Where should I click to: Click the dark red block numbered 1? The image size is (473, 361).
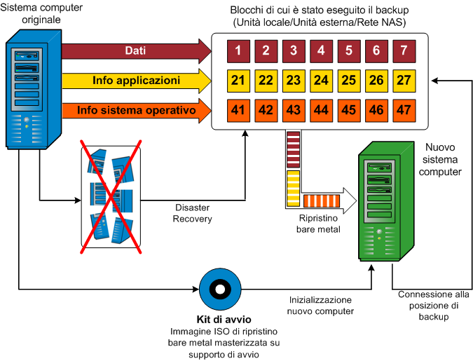[x=240, y=51]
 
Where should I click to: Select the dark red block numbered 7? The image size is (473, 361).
[x=404, y=51]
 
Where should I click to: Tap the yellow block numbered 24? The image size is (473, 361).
[x=322, y=81]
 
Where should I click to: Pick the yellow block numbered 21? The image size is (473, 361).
[x=240, y=81]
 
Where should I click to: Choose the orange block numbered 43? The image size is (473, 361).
[x=294, y=110]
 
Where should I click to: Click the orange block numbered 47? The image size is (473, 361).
[x=404, y=110]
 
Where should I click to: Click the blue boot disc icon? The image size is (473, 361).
[x=219, y=288]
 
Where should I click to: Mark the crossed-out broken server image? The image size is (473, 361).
[x=111, y=195]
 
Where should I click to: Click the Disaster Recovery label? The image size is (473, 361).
[x=193, y=214]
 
